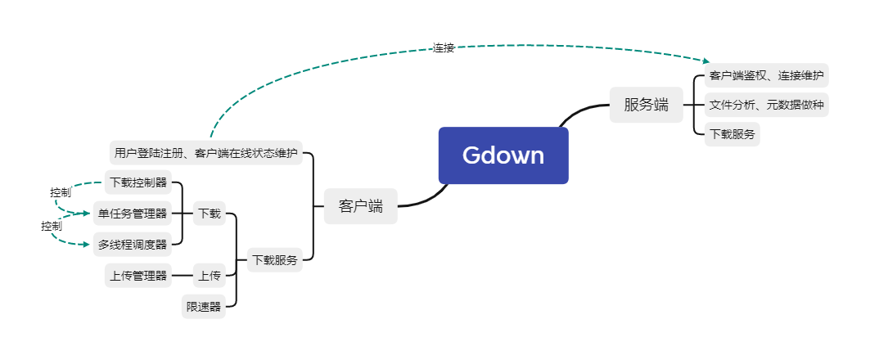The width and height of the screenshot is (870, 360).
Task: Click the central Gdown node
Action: click(503, 155)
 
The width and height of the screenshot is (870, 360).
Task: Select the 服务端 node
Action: click(646, 105)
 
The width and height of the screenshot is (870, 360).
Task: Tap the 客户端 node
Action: click(361, 206)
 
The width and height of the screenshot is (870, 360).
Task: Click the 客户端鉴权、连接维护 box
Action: click(766, 76)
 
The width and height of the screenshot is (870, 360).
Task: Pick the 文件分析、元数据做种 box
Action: click(766, 105)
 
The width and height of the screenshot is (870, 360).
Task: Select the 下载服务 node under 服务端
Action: click(733, 133)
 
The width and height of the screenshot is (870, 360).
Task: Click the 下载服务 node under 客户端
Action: click(275, 260)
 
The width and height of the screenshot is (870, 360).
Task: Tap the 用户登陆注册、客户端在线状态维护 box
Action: click(205, 152)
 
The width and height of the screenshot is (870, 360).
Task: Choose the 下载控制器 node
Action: click(138, 182)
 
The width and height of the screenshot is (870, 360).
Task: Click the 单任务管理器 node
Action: click(133, 214)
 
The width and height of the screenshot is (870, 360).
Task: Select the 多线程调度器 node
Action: click(133, 244)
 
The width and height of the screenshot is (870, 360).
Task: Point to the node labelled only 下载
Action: click(209, 214)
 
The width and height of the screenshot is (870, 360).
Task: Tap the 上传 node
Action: click(209, 276)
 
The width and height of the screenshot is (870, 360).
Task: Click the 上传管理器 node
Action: click(138, 276)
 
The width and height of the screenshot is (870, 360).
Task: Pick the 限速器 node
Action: click(204, 307)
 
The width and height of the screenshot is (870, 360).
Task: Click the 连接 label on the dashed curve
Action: click(444, 48)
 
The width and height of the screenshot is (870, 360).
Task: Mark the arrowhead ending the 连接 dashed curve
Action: click(706, 61)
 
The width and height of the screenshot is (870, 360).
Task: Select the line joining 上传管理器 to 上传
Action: click(182, 276)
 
